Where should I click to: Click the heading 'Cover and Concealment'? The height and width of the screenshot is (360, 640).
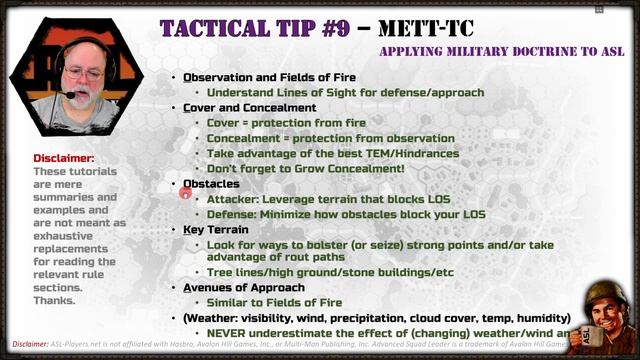pyautogui.click(x=249, y=107)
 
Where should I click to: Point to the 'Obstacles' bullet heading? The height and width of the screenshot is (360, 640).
pyautogui.click(x=211, y=184)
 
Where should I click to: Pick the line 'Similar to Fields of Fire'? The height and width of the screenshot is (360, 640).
pyautogui.click(x=274, y=302)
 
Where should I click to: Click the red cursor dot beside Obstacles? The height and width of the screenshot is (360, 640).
pyautogui.click(x=186, y=191)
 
